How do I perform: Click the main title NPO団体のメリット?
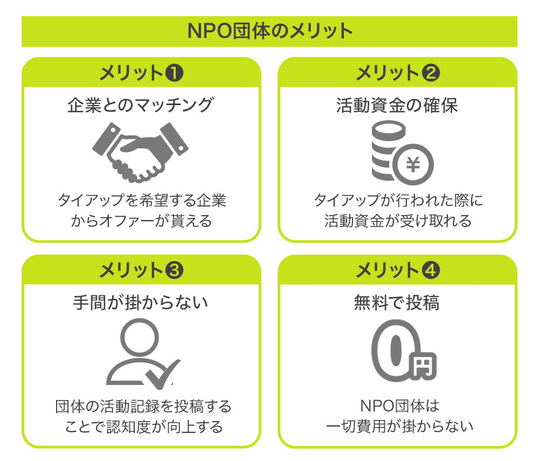click(270, 31)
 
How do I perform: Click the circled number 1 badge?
click(174, 73)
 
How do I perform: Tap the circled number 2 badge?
click(431, 73)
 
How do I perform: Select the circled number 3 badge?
click(174, 270)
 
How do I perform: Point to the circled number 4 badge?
click(431, 270)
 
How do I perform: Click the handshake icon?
click(140, 152)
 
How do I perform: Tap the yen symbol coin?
click(413, 164)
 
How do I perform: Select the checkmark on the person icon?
click(162, 374)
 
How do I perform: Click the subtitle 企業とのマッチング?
click(141, 105)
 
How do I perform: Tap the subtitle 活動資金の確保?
click(397, 105)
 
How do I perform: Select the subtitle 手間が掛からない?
click(141, 303)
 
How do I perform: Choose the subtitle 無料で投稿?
click(397, 303)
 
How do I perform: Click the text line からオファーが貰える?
click(141, 221)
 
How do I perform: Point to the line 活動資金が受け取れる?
click(398, 221)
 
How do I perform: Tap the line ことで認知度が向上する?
click(144, 426)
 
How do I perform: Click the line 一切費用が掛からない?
click(399, 426)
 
